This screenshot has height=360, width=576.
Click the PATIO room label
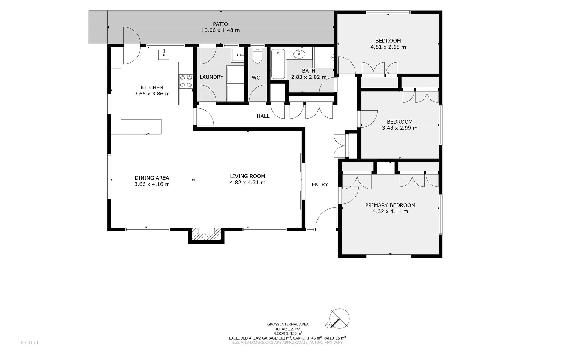pyautogui.click(x=220, y=24)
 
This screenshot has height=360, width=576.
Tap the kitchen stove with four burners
pyautogui.click(x=186, y=81)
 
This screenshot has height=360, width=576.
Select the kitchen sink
pyautogui.click(x=164, y=55)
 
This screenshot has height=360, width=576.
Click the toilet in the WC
pyautogui.click(x=257, y=56)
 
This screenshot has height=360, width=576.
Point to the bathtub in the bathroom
pyautogui.click(x=278, y=64)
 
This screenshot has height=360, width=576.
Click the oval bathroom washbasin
pyautogui.click(x=299, y=54)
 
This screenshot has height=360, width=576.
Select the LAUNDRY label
pyautogui.click(x=211, y=77)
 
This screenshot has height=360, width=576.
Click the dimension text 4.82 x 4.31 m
pyautogui.click(x=247, y=183)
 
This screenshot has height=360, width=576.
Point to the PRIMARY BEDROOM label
pyautogui.click(x=390, y=205)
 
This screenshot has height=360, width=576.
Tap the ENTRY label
pyautogui.click(x=320, y=185)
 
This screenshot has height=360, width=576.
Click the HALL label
pyautogui.click(x=263, y=116)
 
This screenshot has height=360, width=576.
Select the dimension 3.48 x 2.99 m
pyautogui.click(x=400, y=128)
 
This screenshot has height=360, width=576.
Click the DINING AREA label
pyautogui.click(x=152, y=178)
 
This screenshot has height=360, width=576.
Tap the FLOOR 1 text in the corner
pyautogui.click(x=30, y=343)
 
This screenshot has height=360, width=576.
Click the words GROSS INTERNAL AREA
pyautogui.click(x=288, y=324)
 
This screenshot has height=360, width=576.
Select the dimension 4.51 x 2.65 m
pyautogui.click(x=388, y=47)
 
